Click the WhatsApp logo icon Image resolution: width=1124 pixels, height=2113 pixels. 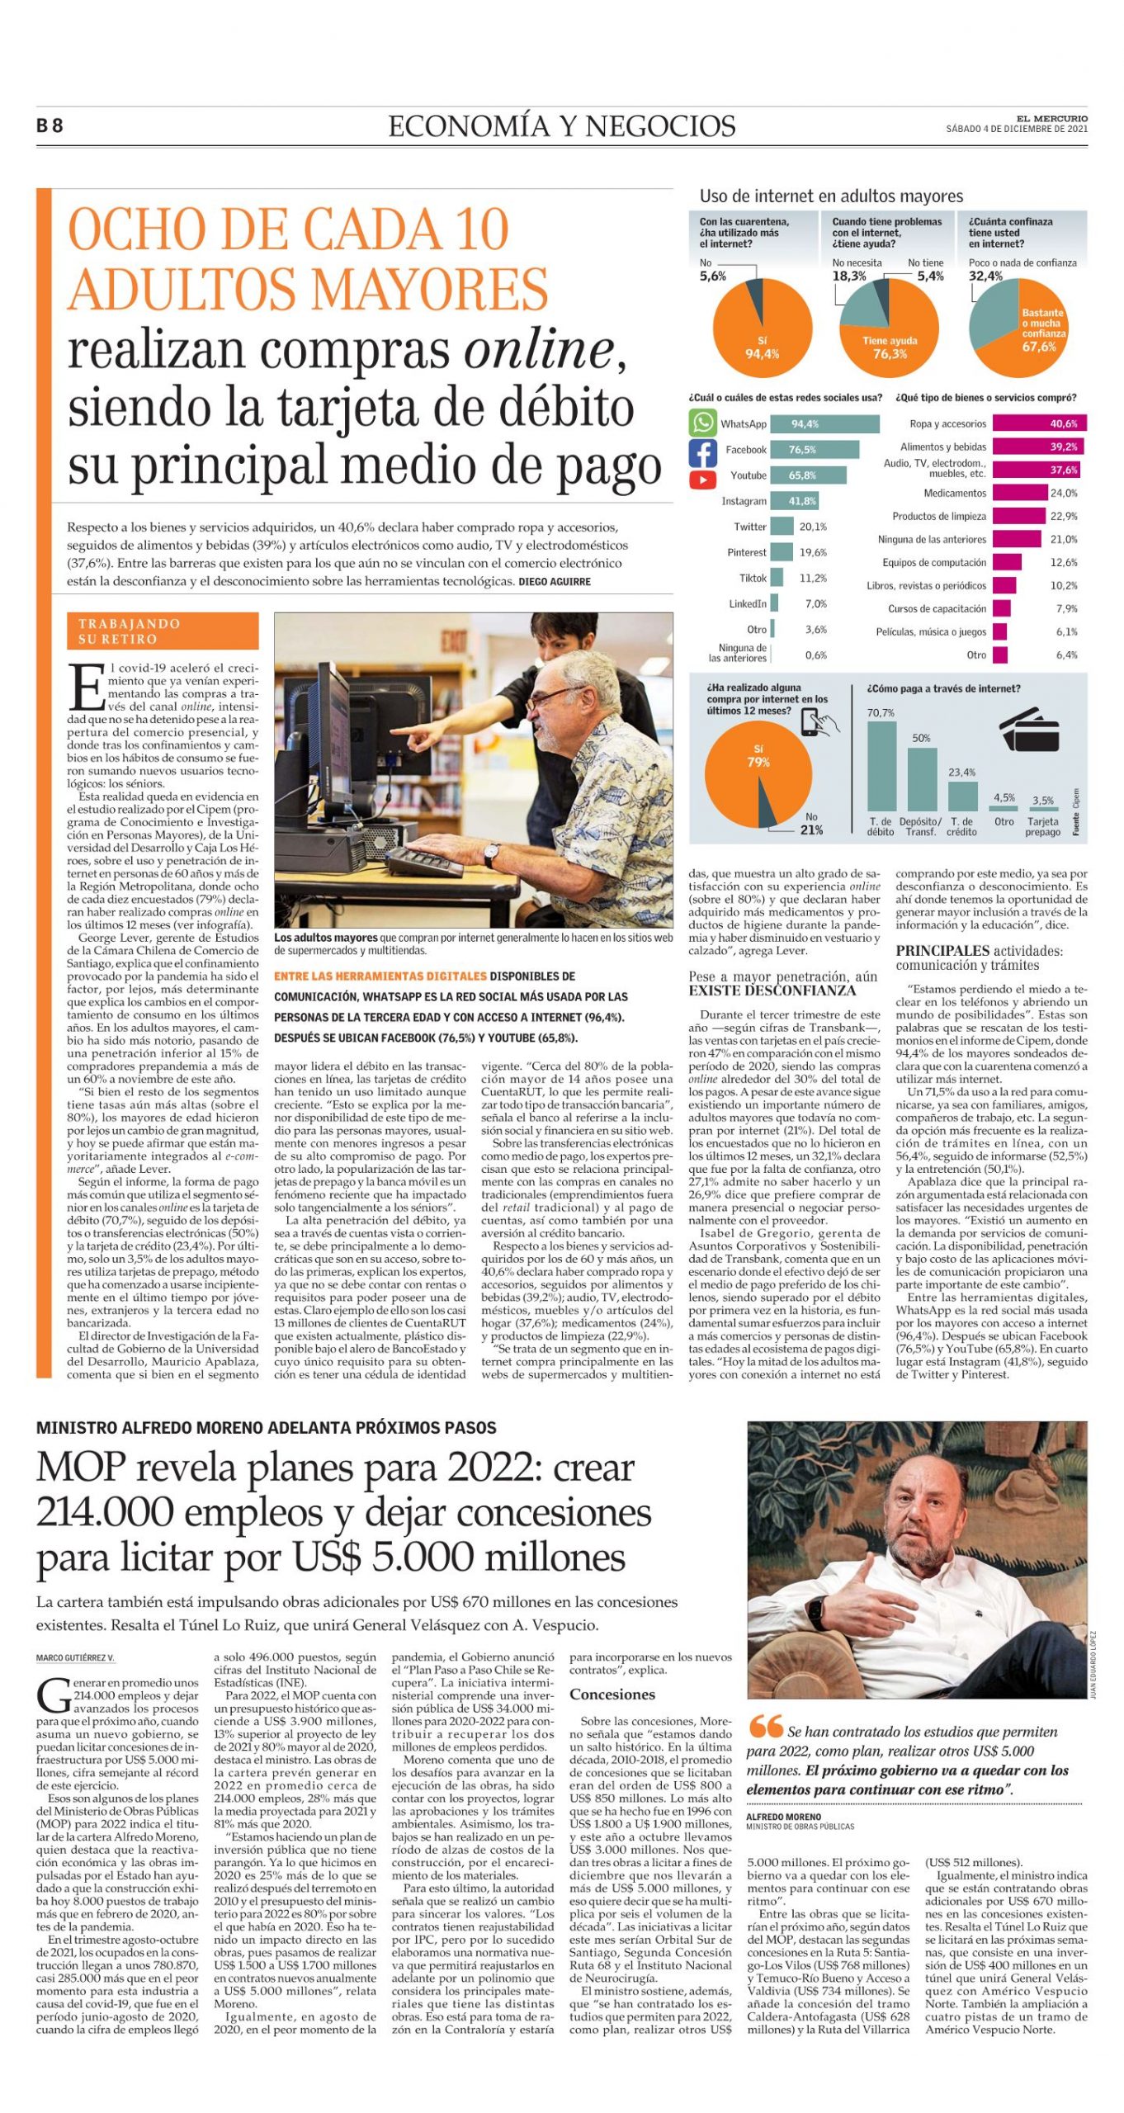[x=702, y=423]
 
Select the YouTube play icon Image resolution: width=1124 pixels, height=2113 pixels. [x=702, y=478]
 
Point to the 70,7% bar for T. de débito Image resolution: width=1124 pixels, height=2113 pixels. [x=881, y=765]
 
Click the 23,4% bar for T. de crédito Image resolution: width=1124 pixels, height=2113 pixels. [x=961, y=796]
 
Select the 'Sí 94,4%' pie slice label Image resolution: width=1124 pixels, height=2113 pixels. [x=762, y=347]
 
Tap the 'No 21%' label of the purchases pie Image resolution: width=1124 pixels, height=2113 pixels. [x=810, y=824]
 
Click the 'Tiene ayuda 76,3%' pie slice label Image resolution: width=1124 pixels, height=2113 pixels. [x=890, y=347]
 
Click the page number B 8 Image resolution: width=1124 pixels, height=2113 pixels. [x=50, y=126]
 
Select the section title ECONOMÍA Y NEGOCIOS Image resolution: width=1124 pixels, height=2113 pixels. [x=561, y=126]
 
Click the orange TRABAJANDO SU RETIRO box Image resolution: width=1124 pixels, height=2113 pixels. [x=163, y=631]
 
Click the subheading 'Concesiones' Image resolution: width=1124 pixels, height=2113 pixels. [x=612, y=1695]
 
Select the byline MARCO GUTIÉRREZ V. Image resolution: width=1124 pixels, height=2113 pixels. [x=75, y=1658]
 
